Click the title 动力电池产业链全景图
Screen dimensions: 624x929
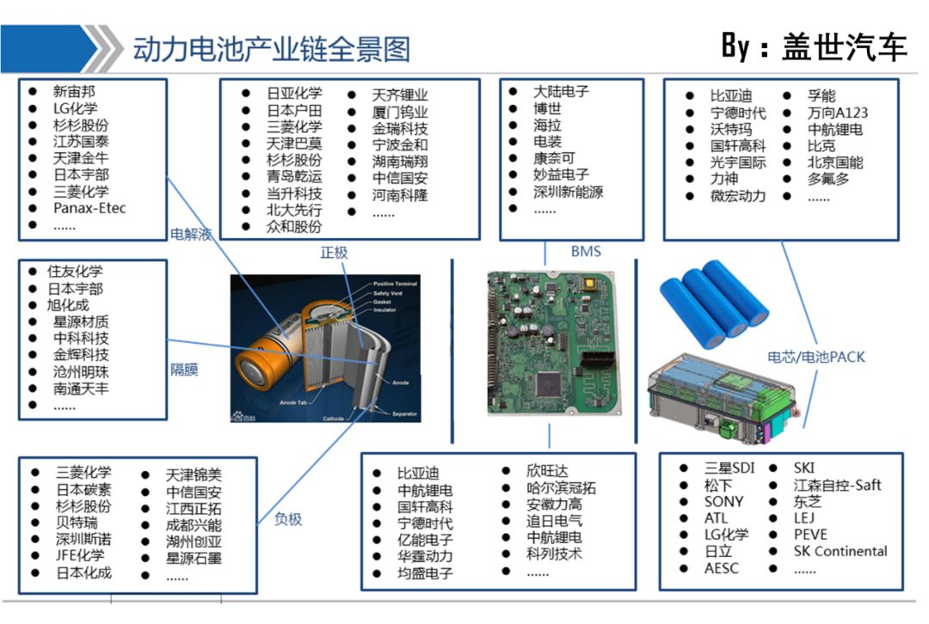[x=271, y=49]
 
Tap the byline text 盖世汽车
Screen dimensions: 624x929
[x=844, y=46]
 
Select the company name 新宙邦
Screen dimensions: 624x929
[x=73, y=91]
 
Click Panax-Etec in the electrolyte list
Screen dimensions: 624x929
[x=89, y=208]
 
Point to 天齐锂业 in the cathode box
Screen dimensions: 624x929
[x=399, y=95]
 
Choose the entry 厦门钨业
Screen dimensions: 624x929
[x=399, y=113]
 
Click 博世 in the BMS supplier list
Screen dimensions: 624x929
[x=547, y=109]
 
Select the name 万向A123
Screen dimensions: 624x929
[x=837, y=113]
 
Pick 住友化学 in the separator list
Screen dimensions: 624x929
[x=75, y=272]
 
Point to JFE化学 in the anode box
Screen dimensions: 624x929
[x=80, y=555]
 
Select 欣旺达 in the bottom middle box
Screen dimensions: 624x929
[x=547, y=471]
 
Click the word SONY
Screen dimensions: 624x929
[x=723, y=501]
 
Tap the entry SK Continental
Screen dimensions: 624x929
[x=840, y=551]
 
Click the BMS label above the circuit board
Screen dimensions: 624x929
[x=586, y=252]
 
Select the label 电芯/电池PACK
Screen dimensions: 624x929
[x=815, y=357]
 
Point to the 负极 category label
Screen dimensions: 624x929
[x=288, y=519]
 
